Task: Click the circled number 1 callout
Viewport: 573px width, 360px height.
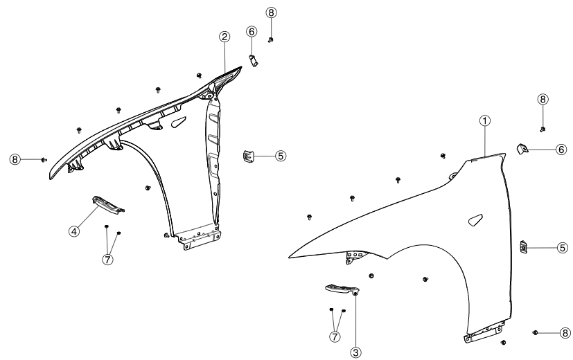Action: (486, 120)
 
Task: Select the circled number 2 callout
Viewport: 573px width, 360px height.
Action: (224, 37)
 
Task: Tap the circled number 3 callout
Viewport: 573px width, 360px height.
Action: (356, 352)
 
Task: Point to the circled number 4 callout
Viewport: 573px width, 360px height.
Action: (73, 231)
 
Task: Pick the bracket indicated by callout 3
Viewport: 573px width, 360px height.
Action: (341, 289)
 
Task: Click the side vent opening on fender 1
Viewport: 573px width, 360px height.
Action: (475, 221)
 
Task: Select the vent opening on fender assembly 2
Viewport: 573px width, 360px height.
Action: (177, 123)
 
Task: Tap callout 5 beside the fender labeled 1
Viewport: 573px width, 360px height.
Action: (563, 247)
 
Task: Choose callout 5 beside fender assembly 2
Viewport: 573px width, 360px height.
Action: (280, 156)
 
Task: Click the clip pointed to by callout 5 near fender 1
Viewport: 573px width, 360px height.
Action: (524, 245)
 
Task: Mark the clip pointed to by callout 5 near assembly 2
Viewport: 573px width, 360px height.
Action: (247, 156)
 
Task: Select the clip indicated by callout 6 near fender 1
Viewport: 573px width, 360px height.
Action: (524, 147)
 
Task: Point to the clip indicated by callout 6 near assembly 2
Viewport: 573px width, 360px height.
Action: (253, 60)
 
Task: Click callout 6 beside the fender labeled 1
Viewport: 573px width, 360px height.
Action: (561, 149)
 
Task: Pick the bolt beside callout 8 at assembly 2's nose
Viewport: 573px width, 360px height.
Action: (43, 159)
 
